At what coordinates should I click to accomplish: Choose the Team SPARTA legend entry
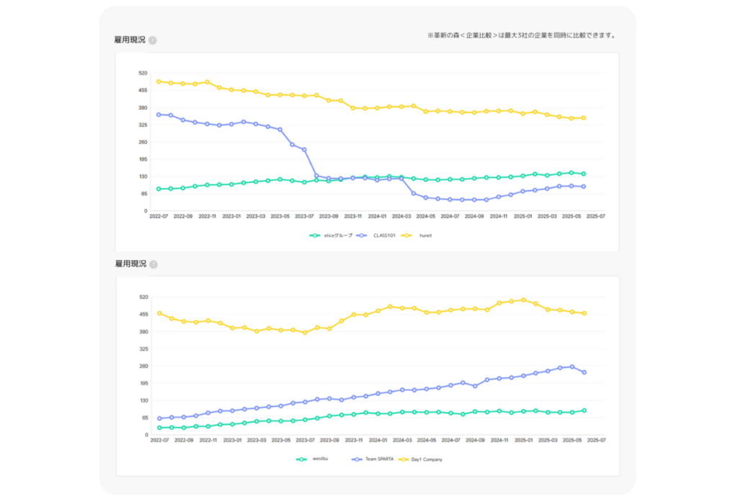click(x=378, y=459)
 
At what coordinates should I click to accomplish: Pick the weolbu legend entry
click(x=321, y=459)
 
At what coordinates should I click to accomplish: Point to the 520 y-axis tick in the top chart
click(x=143, y=73)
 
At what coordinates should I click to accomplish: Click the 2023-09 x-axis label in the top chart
click(x=329, y=216)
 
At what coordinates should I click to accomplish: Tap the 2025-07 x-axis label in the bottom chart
click(x=596, y=440)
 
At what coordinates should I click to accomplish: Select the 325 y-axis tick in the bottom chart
click(x=143, y=349)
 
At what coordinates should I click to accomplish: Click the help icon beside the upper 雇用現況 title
click(x=153, y=40)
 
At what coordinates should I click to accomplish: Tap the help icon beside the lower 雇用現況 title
click(x=153, y=264)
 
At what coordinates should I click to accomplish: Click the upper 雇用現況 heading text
click(x=130, y=40)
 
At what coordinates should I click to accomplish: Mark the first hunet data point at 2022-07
click(x=159, y=81)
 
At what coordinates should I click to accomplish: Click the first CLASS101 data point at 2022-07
click(x=159, y=114)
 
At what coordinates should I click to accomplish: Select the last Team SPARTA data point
click(x=584, y=372)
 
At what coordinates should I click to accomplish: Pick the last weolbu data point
click(x=584, y=410)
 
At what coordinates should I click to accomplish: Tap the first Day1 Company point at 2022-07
click(x=159, y=313)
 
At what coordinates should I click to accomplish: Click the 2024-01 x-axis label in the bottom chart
click(x=378, y=440)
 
